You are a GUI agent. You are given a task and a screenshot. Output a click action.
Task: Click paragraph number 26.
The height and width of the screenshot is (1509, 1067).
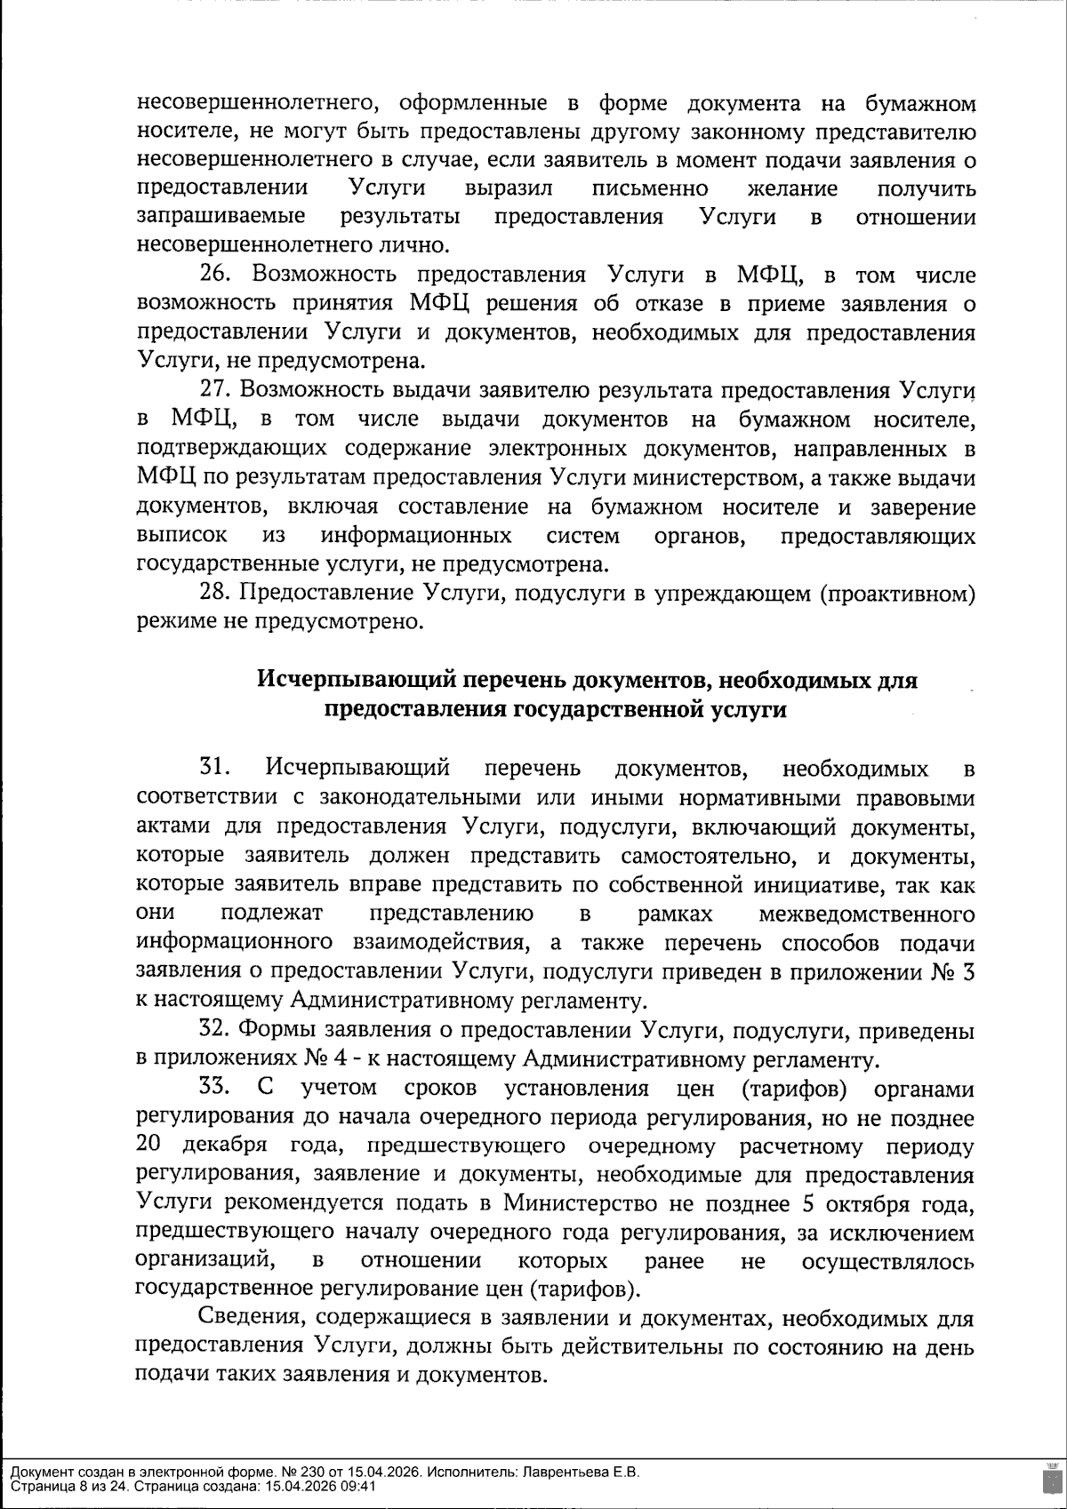(218, 275)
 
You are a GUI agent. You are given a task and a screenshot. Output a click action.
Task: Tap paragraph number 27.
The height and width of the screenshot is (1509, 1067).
(218, 391)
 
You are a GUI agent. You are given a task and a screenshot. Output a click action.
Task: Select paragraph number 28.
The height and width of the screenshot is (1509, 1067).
(218, 594)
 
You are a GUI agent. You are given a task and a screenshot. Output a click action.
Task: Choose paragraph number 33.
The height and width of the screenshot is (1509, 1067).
(219, 1088)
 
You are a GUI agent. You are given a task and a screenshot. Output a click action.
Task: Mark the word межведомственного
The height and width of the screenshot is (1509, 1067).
(867, 914)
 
